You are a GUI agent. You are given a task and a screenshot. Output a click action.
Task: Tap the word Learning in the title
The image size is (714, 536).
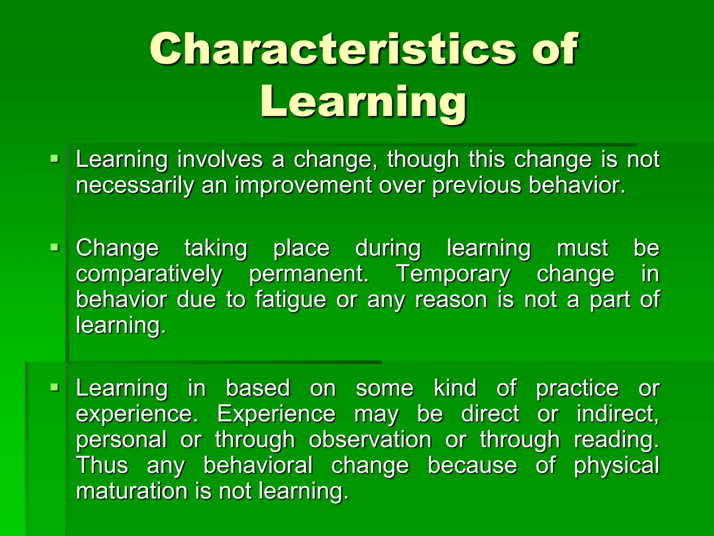[x=363, y=102]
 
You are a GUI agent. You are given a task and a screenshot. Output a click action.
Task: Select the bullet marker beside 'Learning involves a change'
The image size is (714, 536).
[x=54, y=159]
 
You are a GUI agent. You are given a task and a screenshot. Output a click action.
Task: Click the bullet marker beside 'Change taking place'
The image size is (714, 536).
[x=54, y=248]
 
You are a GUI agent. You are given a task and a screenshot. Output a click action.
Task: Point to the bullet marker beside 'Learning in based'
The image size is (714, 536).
[x=54, y=387]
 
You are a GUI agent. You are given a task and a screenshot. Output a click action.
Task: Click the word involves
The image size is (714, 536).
[x=220, y=159]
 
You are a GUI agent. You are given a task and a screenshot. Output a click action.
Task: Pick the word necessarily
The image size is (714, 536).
[x=135, y=185]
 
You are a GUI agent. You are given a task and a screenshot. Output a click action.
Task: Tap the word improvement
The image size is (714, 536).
[x=303, y=185]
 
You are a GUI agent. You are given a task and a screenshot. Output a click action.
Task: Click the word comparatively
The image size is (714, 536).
[x=149, y=274]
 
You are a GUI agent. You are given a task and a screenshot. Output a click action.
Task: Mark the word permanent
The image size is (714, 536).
[x=309, y=274]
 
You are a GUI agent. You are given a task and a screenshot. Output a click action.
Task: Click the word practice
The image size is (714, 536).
[x=577, y=388]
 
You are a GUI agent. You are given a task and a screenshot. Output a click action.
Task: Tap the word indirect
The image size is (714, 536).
[x=617, y=414]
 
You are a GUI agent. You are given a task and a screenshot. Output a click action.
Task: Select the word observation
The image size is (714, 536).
[x=370, y=440]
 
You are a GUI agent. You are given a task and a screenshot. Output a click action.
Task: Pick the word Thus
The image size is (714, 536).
[x=102, y=466]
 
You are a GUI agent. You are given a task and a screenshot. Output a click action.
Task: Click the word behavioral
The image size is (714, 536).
[x=258, y=466]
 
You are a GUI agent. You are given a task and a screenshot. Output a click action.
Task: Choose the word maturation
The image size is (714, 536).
[x=131, y=491]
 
